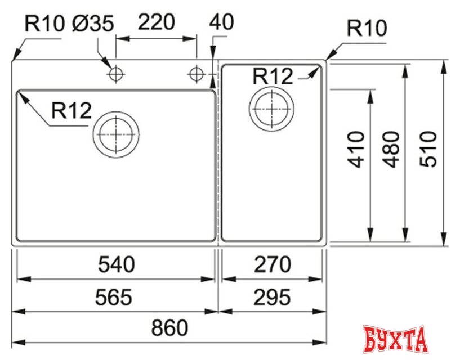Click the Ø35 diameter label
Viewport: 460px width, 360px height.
click(x=93, y=24)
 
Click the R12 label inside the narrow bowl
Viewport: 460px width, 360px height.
click(x=273, y=76)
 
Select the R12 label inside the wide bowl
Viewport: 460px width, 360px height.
click(x=71, y=110)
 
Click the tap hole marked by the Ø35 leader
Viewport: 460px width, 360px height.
click(x=116, y=73)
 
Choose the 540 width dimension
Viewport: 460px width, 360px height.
click(x=117, y=264)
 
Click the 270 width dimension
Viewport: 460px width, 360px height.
click(x=272, y=264)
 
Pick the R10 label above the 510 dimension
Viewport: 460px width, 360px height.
click(x=367, y=29)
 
